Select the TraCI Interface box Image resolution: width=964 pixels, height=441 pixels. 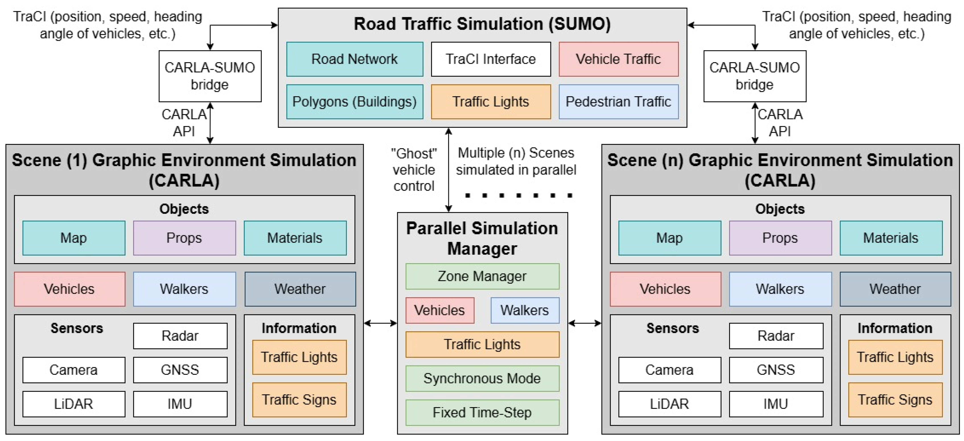491,59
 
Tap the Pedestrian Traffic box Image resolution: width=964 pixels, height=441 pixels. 618,102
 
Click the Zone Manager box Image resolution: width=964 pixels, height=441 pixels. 482,276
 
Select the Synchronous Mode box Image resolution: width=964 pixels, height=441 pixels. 482,379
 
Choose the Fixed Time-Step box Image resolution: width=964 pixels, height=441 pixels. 482,412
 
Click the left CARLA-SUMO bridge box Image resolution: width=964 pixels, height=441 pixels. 210,76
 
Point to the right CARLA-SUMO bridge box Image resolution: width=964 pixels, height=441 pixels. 754,76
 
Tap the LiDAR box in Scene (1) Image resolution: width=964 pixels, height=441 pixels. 74,404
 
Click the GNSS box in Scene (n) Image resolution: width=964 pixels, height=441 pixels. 776,370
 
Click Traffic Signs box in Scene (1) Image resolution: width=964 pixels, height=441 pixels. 299,400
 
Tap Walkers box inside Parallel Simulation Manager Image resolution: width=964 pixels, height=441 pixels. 525,310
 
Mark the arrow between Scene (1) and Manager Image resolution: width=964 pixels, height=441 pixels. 380,323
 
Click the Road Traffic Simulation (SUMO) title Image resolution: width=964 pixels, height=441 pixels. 482,24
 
